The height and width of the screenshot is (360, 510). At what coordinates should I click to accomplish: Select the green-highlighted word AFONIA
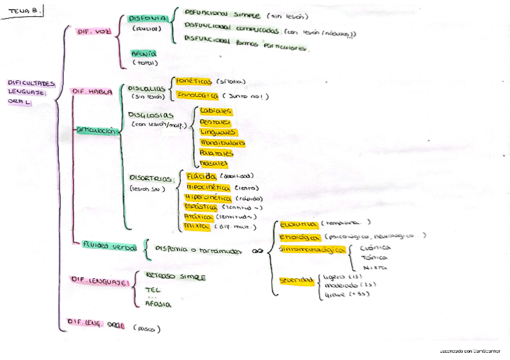point(144,53)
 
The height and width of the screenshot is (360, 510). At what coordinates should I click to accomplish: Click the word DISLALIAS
point(147,88)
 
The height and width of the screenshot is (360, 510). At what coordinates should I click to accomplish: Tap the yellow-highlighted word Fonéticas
point(194,82)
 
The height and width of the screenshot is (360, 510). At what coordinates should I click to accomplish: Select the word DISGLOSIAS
point(151,115)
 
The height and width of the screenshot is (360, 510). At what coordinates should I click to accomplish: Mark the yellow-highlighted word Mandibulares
point(222,143)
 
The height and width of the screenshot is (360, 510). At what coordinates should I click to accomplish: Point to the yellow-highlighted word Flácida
point(201,177)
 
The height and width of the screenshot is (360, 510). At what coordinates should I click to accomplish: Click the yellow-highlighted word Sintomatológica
point(312,249)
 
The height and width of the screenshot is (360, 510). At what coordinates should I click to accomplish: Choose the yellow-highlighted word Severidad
point(296,281)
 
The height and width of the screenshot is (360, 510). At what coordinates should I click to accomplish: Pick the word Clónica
point(375,247)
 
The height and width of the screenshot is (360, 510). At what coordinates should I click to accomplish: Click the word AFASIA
point(158,304)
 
